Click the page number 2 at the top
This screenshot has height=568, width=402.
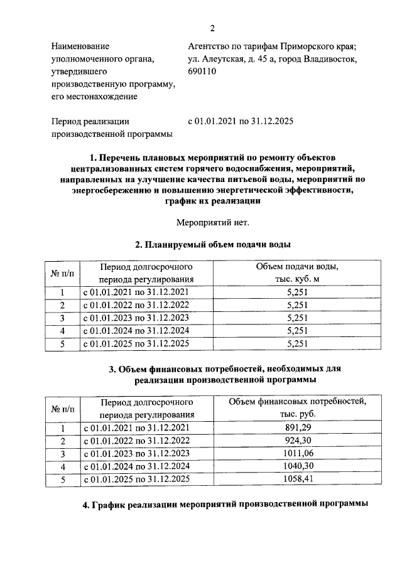click(x=212, y=28)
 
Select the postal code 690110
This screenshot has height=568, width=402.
click(x=203, y=72)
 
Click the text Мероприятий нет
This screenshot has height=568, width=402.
click(x=212, y=222)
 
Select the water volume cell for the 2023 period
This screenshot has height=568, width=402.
click(x=296, y=318)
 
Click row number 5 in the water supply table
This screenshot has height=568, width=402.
click(x=62, y=343)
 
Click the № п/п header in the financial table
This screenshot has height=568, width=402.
click(x=62, y=408)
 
